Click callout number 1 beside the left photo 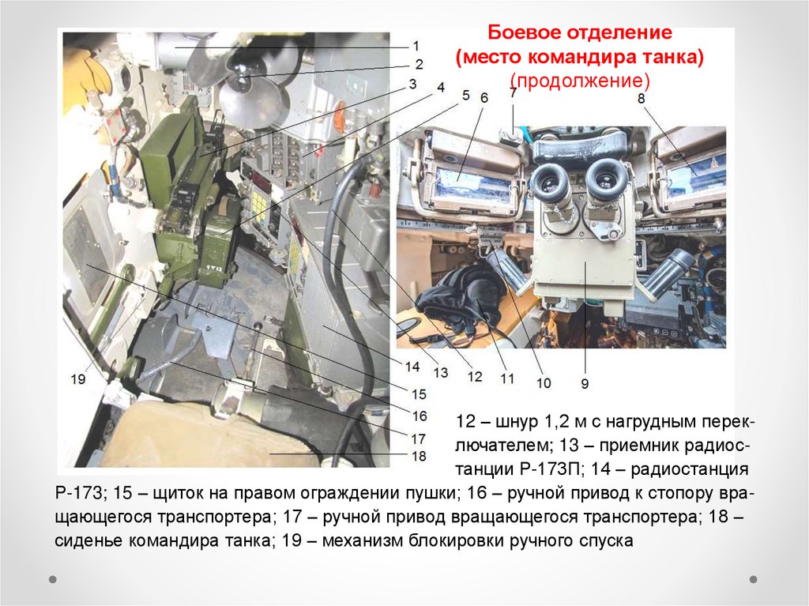click(416, 46)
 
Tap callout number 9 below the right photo click(585, 383)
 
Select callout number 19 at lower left click(78, 379)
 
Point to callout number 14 click(412, 367)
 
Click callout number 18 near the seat click(419, 457)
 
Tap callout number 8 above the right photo click(642, 98)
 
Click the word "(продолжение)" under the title click(580, 81)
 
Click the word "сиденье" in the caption click(89, 540)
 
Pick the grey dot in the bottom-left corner click(53, 579)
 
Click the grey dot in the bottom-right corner click(753, 579)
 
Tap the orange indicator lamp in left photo click(339, 111)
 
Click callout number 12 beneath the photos click(475, 376)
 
